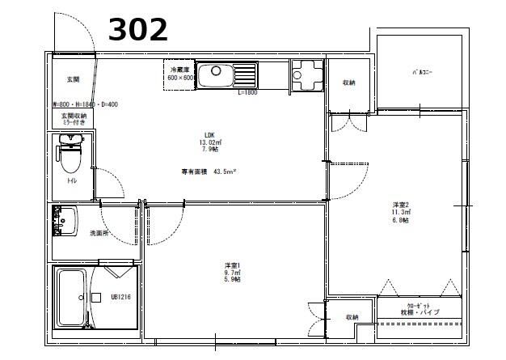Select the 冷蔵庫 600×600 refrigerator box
pyautogui.click(x=179, y=74)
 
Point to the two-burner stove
pyautogui.click(x=307, y=75)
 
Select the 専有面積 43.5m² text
pyautogui.click(x=208, y=172)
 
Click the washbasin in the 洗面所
pyautogui.click(x=65, y=218)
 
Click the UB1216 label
pyautogui.click(x=120, y=297)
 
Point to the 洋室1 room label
pyautogui.click(x=234, y=272)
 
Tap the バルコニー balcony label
pyautogui.click(x=422, y=72)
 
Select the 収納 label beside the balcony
pyautogui.click(x=348, y=83)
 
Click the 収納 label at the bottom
pyautogui.click(x=352, y=317)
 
